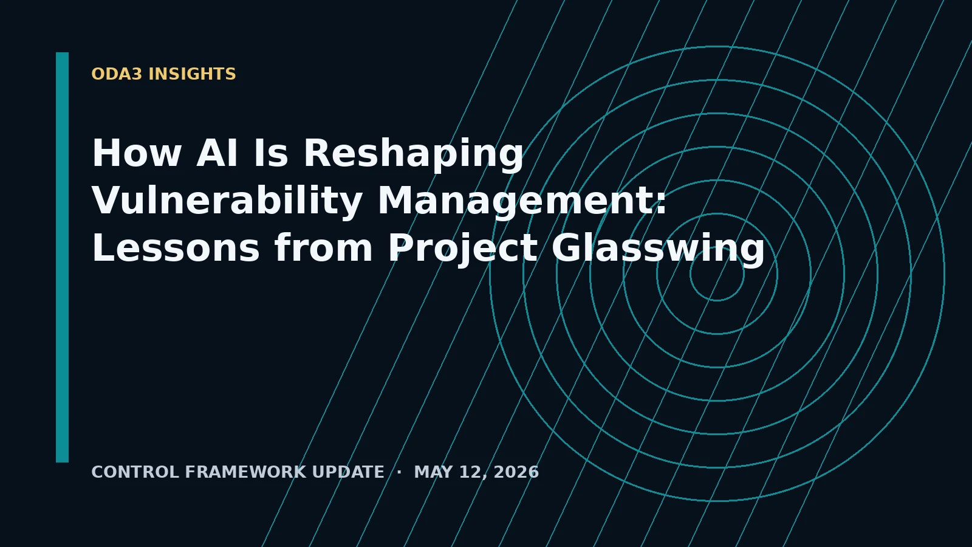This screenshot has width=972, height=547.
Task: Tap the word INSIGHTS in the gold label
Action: (192, 74)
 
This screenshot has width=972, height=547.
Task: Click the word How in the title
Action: (137, 153)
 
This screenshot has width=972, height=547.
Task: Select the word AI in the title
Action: (217, 153)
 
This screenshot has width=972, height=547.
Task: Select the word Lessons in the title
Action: (176, 247)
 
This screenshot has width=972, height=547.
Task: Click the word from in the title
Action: (323, 247)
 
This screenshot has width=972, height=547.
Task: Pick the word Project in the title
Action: (463, 249)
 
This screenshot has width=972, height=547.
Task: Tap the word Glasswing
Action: (658, 249)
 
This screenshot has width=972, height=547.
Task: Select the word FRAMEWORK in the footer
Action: (245, 472)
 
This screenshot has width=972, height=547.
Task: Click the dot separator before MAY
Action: (399, 472)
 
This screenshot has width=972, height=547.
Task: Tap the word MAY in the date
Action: (434, 472)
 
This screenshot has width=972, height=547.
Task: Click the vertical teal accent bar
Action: (62, 258)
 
